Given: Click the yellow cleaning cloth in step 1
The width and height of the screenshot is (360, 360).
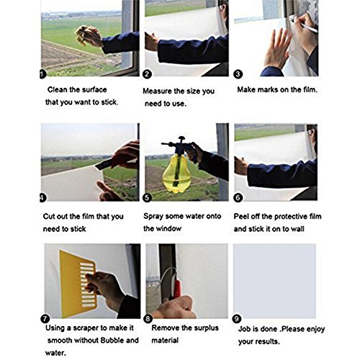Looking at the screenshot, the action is [84, 35].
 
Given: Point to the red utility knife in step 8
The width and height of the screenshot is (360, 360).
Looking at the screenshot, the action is [176, 289].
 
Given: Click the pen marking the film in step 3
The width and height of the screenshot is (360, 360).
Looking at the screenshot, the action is [304, 24].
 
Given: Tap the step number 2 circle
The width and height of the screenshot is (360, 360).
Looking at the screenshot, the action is [147, 74].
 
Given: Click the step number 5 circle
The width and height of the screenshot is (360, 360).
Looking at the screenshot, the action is [147, 198].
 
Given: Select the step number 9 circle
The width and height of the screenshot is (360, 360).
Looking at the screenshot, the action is [237, 319].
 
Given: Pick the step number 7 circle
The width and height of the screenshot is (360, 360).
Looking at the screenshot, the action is [45, 319].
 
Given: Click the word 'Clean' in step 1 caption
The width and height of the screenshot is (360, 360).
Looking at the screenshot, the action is [58, 89].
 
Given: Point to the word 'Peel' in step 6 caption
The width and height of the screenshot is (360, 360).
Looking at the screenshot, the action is [241, 217].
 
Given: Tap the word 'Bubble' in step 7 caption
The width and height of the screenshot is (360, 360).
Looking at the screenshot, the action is [112, 341].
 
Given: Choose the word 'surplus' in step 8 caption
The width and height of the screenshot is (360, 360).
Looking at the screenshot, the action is [205, 328].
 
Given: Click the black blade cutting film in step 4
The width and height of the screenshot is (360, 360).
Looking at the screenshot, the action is [104, 164].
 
